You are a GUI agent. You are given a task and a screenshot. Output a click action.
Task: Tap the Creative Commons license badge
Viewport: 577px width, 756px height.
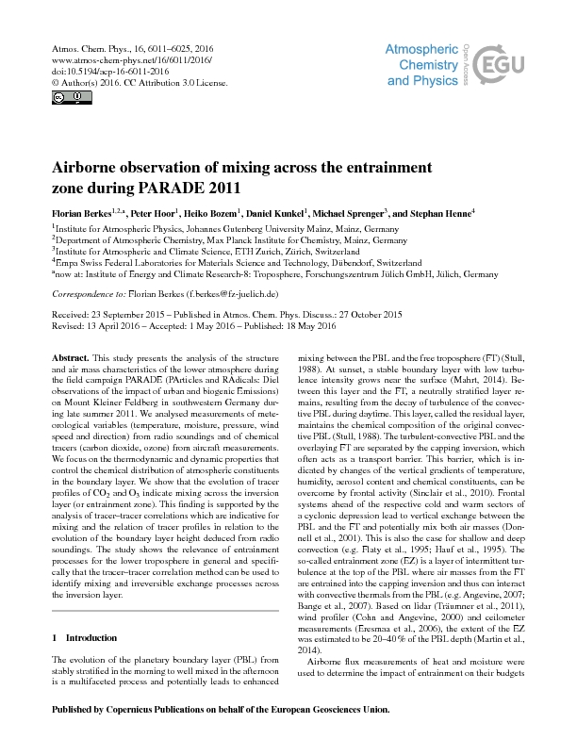59,97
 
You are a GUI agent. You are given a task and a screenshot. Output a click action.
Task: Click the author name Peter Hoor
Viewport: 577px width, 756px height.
162,215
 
